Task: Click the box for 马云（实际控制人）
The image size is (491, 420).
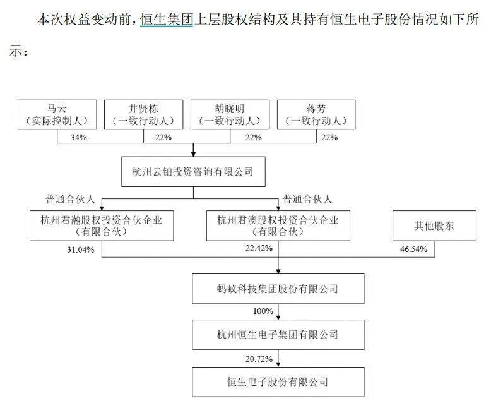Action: pos(57,115)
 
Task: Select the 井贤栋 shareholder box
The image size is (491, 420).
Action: pos(143,115)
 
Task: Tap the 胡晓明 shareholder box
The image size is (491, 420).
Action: pos(230,115)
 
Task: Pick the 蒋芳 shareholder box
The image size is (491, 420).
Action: pos(316,115)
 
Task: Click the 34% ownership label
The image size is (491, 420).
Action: pos(79,137)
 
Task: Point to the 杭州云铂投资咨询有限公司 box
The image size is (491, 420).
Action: pos(193,172)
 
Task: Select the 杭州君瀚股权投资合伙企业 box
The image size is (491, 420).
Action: pos(102,225)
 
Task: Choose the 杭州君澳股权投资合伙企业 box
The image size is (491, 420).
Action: pos(278,225)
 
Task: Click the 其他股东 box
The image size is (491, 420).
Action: pos(434,225)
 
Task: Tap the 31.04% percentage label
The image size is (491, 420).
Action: pos(81,249)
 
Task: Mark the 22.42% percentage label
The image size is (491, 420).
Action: pos(259,248)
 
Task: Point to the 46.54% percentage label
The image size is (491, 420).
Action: pos(413,249)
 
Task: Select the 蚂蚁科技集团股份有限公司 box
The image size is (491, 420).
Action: pos(278,289)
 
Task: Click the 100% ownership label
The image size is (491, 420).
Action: pos(263,311)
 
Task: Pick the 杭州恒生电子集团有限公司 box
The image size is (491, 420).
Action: pos(278,335)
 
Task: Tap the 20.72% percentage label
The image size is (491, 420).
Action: pos(259,359)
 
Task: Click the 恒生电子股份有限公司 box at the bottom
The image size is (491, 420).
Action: pos(278,381)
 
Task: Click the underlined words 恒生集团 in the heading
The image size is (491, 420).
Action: pos(167,20)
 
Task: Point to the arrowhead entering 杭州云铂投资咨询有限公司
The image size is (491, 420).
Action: pos(193,154)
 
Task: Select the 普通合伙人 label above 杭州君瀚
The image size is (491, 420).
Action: pos(70,199)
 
